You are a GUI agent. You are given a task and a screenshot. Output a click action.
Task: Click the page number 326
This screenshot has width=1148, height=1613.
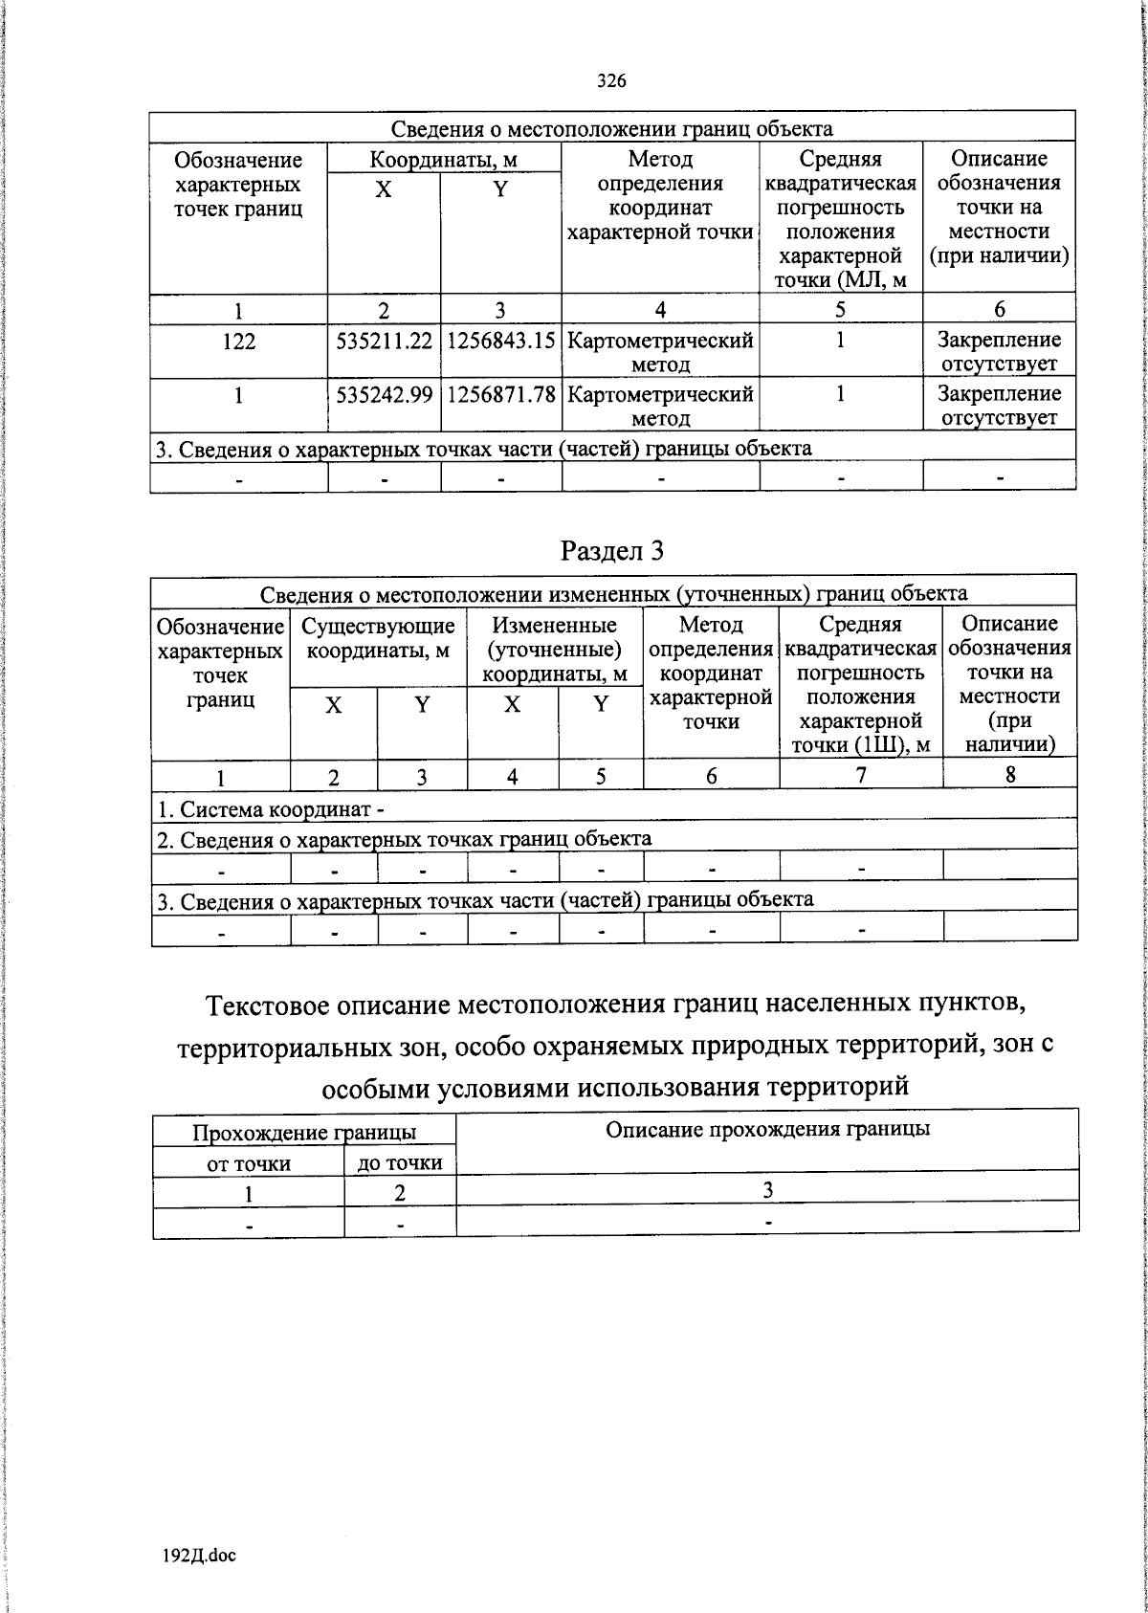pos(611,81)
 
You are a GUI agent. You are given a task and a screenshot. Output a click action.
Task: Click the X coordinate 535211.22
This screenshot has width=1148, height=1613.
pos(385,341)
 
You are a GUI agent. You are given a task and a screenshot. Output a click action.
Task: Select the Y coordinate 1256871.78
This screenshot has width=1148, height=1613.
pos(500,394)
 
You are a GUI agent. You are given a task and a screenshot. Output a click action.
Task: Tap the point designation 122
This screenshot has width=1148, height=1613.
pos(238,341)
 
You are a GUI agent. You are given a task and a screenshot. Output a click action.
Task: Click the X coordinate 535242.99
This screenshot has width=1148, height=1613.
pos(385,394)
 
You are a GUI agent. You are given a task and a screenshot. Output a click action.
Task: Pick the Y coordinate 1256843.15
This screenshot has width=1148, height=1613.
pos(500,341)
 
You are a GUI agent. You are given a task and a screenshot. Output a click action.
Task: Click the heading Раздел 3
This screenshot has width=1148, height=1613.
pos(612,550)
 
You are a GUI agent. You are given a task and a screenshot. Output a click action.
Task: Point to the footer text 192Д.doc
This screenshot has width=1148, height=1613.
pos(199,1556)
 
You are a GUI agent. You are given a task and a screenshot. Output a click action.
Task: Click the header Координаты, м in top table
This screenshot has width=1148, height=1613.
pos(444,159)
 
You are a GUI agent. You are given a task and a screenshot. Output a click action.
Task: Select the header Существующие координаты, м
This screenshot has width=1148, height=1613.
pos(378,639)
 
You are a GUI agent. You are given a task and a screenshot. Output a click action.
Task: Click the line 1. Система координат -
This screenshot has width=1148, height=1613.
pos(271,809)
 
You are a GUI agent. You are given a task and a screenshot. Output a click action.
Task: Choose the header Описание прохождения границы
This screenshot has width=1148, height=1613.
pos(767,1129)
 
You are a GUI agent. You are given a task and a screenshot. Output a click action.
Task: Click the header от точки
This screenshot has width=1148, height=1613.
pos(249,1164)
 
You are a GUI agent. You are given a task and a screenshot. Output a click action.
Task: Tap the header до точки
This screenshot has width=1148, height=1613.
pos(400,1163)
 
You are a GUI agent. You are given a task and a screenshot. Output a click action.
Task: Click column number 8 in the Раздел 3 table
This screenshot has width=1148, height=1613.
pos(1010,776)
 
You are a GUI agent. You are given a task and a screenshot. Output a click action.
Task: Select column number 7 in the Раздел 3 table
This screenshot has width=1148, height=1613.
pos(861,776)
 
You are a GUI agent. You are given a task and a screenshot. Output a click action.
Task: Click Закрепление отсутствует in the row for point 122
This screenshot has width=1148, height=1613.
pos(999,351)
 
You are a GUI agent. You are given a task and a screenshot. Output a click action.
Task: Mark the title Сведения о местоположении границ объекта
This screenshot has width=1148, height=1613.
pos(612,129)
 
